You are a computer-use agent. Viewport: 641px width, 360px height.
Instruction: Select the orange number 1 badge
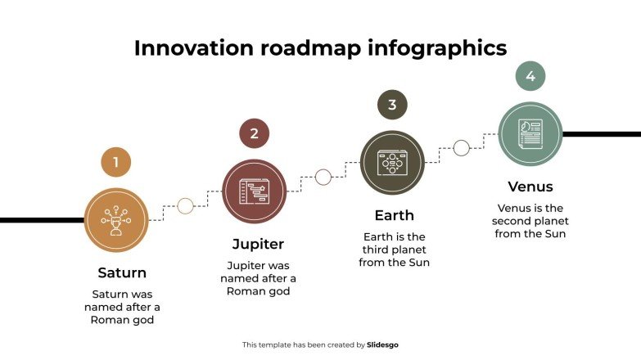116,162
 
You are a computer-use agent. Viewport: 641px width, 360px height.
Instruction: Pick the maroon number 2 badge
254,133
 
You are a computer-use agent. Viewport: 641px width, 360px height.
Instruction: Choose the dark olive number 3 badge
392,105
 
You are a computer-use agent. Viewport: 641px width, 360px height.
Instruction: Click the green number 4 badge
530,76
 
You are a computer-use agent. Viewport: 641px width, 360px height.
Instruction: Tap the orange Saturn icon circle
116,220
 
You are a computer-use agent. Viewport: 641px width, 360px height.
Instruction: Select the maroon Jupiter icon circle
254,191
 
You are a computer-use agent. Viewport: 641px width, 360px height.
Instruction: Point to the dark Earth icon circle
392,162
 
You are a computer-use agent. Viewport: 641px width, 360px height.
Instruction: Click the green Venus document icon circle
530,133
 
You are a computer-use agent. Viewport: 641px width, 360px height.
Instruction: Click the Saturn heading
122,272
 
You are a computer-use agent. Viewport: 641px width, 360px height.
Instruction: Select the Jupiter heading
258,244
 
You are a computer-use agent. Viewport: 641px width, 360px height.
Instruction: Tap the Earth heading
394,215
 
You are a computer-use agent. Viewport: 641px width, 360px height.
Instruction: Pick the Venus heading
530,187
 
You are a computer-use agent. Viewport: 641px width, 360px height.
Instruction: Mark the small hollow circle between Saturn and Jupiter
185,205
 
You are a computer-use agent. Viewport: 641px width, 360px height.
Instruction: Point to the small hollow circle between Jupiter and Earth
323,177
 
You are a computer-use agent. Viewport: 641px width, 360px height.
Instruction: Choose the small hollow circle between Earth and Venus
462,148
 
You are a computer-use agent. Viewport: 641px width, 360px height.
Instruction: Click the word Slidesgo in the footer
382,345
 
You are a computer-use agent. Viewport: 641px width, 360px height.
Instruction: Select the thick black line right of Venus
602,133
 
